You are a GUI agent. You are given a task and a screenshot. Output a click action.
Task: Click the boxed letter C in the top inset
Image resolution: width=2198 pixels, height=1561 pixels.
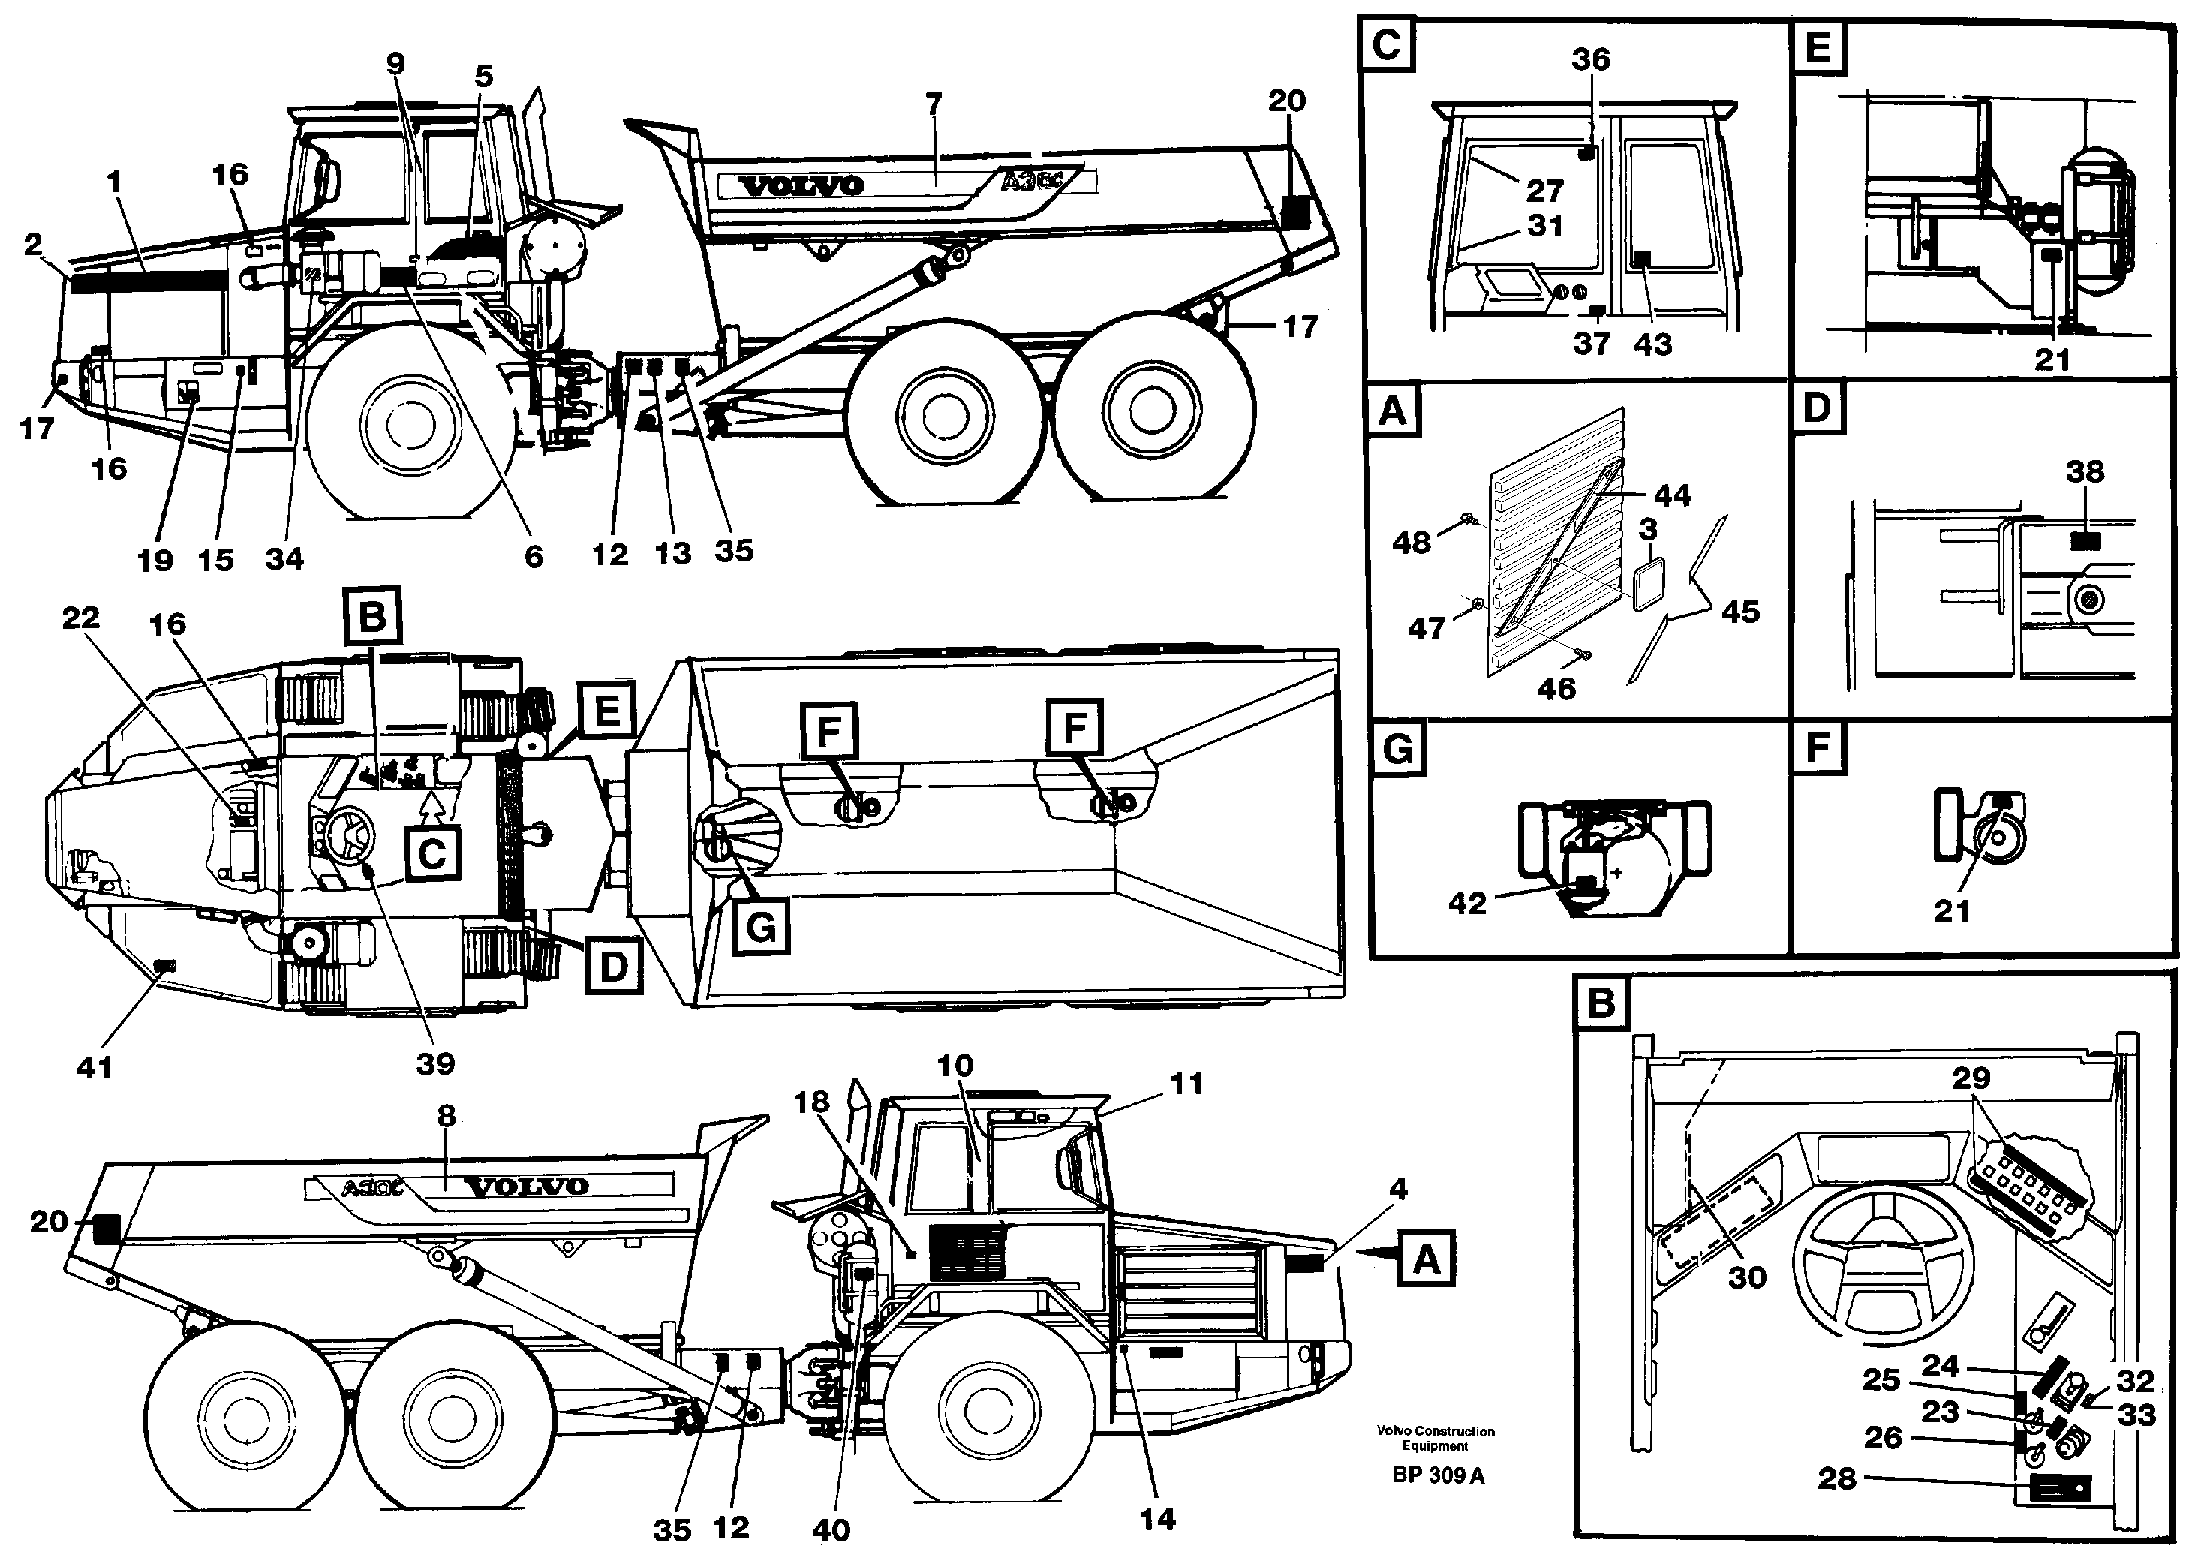(x=1387, y=45)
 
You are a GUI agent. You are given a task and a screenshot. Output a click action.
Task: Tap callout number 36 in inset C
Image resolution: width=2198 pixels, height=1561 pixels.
(x=1591, y=59)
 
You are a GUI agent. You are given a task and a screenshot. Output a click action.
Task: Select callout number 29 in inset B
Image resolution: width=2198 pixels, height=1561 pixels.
(x=1970, y=1078)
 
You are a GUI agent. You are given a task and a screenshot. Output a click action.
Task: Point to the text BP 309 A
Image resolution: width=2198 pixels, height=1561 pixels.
(x=1438, y=1475)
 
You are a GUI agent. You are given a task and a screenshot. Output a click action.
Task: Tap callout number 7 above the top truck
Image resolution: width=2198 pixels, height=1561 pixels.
(x=934, y=103)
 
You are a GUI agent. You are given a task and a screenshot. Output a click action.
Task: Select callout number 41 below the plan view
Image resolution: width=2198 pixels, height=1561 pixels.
(x=95, y=1067)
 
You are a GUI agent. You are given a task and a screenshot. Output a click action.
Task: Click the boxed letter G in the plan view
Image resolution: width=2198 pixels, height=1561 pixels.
(x=760, y=927)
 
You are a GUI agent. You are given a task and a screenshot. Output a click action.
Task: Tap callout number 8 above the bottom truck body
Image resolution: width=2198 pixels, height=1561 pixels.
(x=446, y=1116)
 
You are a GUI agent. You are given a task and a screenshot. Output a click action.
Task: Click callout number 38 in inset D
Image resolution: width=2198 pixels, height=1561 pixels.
(x=2085, y=472)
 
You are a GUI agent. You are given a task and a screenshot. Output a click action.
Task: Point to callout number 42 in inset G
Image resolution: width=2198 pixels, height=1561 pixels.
(x=1466, y=903)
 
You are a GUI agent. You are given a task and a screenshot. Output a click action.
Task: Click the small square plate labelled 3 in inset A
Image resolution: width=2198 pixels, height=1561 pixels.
(x=1648, y=585)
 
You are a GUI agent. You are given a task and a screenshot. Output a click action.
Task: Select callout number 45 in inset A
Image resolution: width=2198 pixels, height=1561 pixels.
(x=1740, y=612)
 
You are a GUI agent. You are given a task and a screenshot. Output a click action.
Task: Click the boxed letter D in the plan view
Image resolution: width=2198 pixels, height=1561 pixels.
(x=613, y=968)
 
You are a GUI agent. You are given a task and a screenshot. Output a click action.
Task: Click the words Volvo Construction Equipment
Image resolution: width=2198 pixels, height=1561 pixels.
(x=1435, y=1438)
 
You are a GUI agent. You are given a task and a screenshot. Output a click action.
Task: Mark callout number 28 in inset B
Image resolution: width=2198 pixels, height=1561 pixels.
(x=1836, y=1478)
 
